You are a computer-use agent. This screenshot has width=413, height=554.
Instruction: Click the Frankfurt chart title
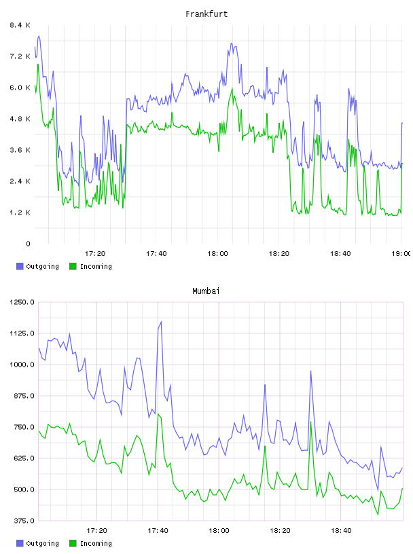pos(206,14)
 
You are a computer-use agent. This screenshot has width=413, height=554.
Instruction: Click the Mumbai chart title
pos(206,291)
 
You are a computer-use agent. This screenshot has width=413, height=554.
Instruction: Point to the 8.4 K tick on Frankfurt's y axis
pos(20,25)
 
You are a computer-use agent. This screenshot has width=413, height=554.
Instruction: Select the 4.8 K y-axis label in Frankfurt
pos(20,119)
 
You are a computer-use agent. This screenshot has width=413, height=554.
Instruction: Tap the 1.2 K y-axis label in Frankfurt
pos(20,213)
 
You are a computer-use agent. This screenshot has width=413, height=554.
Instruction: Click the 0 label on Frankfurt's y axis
pos(29,244)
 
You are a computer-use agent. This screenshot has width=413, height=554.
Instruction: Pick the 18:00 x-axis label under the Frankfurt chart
pos(217,254)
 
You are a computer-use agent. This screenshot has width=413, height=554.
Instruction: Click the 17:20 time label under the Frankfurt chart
pos(95,254)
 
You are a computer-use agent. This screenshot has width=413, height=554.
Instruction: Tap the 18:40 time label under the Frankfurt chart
pos(340,254)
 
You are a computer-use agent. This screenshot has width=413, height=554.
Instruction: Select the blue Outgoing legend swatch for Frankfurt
pos(20,266)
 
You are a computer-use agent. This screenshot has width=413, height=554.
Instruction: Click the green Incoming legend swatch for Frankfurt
pos(73,266)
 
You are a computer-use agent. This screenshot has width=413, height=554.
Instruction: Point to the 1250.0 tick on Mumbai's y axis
pos(22,302)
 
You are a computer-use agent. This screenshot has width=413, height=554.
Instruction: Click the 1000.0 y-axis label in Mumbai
pos(22,365)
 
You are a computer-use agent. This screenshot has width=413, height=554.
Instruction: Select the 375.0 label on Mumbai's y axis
pos(24,521)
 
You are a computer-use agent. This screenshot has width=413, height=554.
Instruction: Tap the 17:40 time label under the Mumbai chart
pos(158,531)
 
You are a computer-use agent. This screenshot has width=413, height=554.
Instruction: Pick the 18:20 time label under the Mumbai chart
pos(280,531)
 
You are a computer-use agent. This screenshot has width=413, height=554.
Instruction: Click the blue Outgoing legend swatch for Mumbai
pos(20,543)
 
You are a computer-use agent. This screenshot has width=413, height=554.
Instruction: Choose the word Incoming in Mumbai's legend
pos(96,543)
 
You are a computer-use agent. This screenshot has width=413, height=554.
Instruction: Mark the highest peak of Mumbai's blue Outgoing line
pos(161,322)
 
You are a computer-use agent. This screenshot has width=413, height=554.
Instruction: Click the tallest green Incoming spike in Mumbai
pos(158,413)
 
